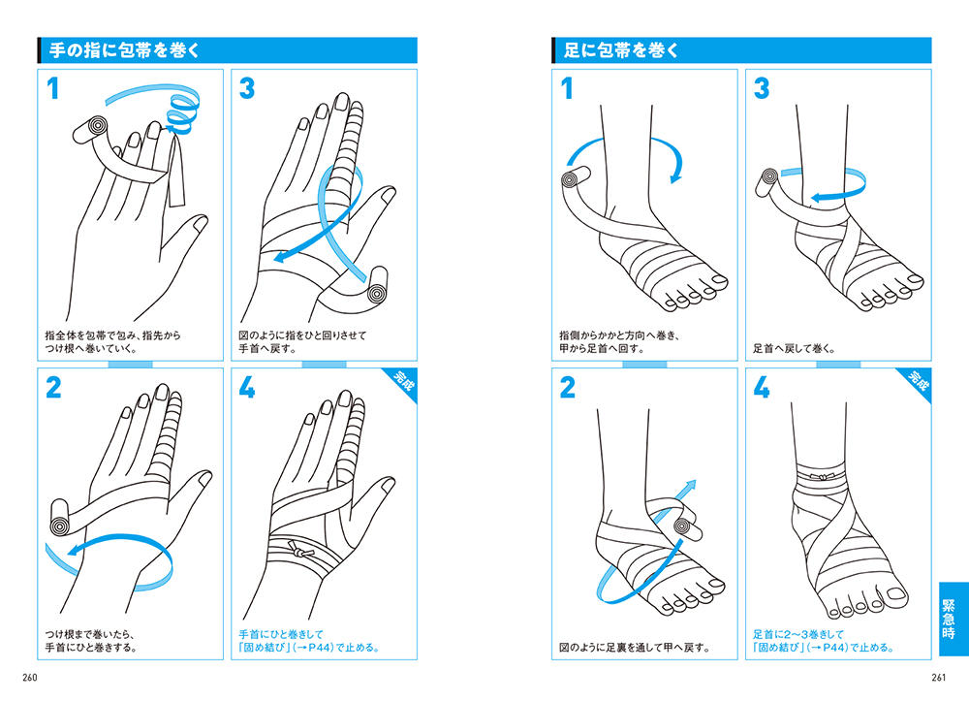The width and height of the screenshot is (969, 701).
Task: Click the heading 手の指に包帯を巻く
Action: [x=125, y=50]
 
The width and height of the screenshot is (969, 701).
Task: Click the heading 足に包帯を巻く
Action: [x=621, y=50]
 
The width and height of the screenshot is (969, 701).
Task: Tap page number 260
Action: [x=30, y=678]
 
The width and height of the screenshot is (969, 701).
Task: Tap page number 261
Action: [x=938, y=678]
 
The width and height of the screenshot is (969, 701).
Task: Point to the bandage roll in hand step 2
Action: [x=62, y=516]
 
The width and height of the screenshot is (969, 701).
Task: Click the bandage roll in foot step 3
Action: [x=768, y=182]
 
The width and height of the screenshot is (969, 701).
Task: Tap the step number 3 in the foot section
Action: [x=762, y=88]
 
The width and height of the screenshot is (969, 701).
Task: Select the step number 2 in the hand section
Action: [x=53, y=387]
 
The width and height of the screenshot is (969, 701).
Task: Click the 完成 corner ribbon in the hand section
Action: [x=403, y=381]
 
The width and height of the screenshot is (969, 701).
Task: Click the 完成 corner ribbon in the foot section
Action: [x=918, y=381]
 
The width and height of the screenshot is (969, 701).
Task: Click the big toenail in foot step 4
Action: [x=896, y=594]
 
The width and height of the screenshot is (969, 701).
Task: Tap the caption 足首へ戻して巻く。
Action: [x=795, y=349]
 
